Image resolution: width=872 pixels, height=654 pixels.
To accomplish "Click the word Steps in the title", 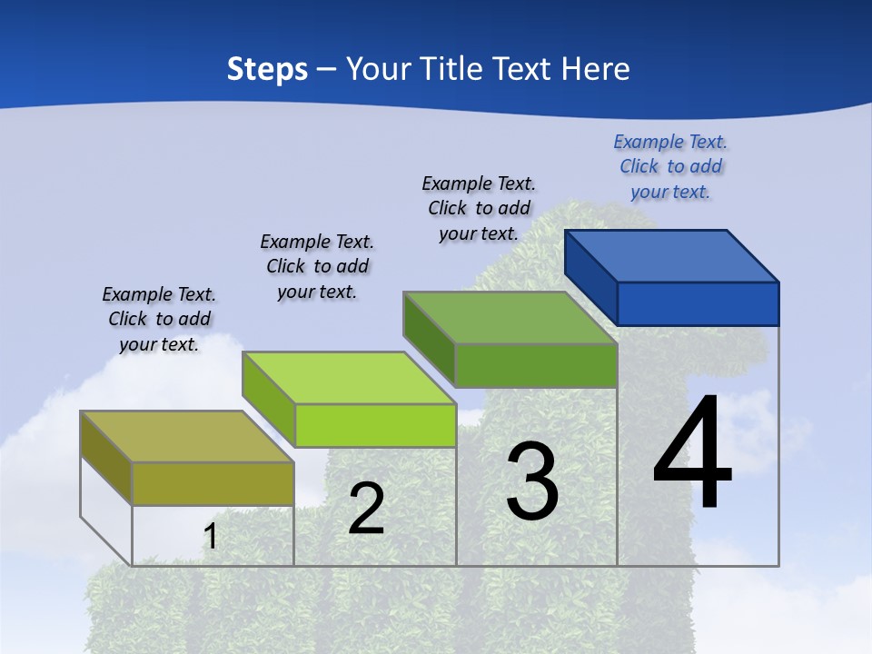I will point(267,69).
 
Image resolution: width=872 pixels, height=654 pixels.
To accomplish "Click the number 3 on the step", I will point(531,481).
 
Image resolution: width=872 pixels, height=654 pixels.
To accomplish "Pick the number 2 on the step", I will point(366,509).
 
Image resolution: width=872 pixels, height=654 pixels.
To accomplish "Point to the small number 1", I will point(211,536).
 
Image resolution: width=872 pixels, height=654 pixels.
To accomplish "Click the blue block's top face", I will point(672,256).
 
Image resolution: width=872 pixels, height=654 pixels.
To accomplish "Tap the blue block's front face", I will point(698,303).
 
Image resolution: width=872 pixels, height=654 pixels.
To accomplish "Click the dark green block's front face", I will point(536,365).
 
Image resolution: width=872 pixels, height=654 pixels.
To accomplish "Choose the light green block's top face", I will point(349,378).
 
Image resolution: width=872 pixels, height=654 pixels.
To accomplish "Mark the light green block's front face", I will point(375,425).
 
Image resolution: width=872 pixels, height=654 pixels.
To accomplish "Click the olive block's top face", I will point(187,437).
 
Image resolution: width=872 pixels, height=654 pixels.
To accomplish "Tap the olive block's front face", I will point(213,483).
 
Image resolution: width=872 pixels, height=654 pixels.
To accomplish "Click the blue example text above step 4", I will point(670,166).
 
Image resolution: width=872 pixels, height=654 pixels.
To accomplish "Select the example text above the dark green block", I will point(479,208).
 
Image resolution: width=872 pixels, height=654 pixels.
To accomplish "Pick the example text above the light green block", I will point(317,266).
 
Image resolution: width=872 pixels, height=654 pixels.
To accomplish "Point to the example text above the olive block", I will point(159,319).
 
